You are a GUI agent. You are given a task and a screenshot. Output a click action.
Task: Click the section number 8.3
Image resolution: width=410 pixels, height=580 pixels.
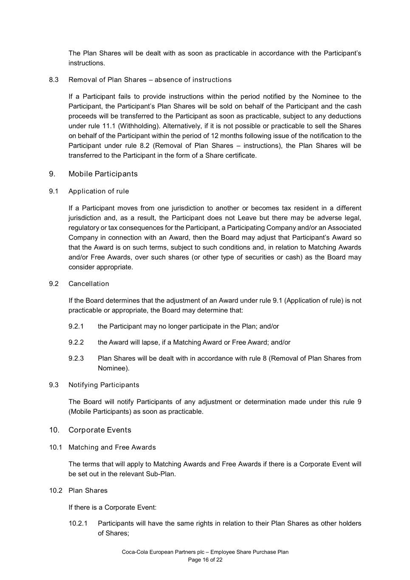click(54, 80)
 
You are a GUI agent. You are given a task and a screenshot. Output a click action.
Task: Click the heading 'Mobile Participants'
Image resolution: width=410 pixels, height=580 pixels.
click(103, 174)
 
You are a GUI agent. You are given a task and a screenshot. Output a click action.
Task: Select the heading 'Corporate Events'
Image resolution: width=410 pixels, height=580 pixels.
click(100, 430)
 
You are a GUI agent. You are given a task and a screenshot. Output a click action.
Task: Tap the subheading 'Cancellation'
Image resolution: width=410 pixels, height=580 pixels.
click(89, 284)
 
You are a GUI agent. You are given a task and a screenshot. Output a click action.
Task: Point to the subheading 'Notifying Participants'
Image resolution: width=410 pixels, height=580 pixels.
click(104, 385)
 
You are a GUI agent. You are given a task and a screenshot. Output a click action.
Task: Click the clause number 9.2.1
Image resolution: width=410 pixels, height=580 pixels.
click(76, 326)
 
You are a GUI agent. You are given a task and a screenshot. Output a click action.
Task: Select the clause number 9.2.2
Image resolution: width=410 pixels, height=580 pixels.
click(76, 342)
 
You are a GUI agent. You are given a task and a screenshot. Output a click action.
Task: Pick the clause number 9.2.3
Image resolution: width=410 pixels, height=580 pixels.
click(76, 359)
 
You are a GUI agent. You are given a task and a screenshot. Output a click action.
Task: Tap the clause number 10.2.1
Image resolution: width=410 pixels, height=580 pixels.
click(78, 523)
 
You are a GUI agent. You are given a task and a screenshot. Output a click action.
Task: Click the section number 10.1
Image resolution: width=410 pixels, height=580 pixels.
click(55, 447)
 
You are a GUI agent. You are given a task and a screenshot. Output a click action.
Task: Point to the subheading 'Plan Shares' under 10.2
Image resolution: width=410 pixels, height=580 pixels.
click(88, 491)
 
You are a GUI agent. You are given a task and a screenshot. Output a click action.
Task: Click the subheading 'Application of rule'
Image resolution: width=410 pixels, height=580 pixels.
click(99, 191)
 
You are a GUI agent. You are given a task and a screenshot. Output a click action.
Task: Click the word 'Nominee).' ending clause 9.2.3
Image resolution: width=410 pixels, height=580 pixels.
click(113, 368)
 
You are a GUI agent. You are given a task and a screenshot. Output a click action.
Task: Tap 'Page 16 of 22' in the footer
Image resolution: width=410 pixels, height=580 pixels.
click(205, 560)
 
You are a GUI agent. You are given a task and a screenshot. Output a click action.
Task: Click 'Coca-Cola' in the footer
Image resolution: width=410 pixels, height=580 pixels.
click(135, 552)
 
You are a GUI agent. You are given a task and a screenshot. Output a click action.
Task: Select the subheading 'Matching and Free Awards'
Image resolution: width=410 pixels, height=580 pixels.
click(112, 447)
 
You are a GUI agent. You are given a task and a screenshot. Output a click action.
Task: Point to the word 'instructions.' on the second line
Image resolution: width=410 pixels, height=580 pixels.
click(87, 63)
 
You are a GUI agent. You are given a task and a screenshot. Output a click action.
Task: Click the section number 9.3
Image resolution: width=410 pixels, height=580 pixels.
click(54, 385)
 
